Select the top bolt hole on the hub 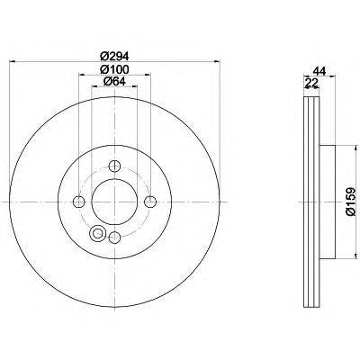pos(114,165)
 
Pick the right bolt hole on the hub pos(150,201)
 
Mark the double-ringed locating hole pos(97,233)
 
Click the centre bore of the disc pos(114,201)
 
